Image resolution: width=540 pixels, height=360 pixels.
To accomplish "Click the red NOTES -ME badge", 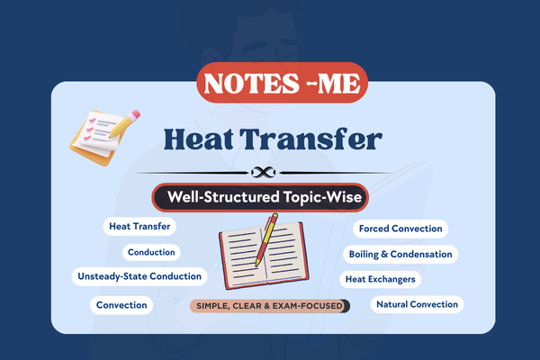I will (x=270, y=85).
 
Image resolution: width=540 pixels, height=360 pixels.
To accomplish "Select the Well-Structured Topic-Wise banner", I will (x=269, y=196).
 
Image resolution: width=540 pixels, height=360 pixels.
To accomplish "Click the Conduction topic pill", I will (x=151, y=253).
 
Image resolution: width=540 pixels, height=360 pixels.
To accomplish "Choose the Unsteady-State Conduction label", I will (x=140, y=276).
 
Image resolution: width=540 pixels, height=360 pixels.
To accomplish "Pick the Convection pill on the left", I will (x=121, y=305).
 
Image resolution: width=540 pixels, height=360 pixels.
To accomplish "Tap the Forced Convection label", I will (x=400, y=229).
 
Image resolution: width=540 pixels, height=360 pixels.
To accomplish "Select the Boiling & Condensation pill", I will (x=400, y=254).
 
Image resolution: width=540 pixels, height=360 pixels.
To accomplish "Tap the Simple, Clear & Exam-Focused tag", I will (x=268, y=306).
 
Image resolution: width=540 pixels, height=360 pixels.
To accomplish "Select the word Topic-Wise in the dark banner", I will (x=328, y=196).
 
